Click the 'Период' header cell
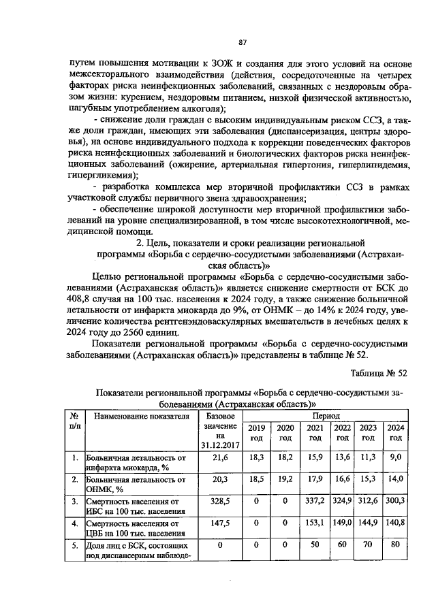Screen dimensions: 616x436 point(323,415)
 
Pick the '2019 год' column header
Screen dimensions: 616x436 point(256,433)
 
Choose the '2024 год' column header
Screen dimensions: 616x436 point(395,433)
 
